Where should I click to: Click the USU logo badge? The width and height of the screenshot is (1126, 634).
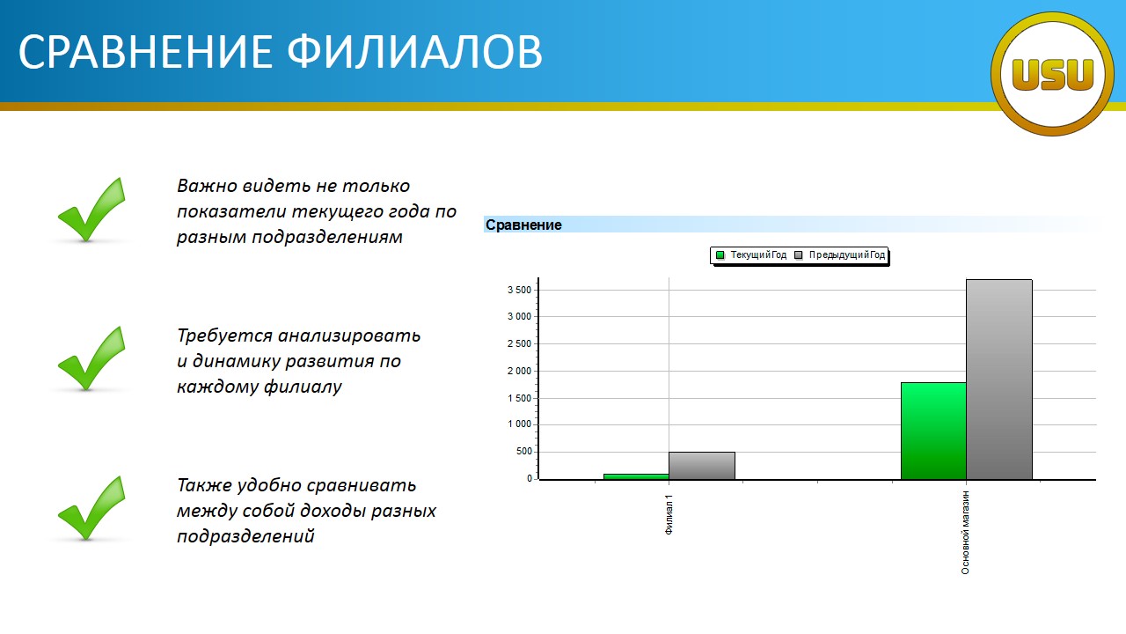coord(1052,74)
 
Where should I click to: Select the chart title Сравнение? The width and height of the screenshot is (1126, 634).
coord(523,225)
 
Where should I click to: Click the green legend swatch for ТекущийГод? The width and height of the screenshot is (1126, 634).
coord(720,255)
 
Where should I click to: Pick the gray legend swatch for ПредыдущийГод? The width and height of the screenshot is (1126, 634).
coord(798,255)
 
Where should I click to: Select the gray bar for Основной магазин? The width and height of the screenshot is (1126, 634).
coord(998,380)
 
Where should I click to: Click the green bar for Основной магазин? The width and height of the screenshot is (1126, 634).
coord(933,431)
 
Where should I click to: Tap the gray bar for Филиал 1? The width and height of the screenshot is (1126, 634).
coord(702,466)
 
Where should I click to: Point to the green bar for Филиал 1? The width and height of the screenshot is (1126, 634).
coord(636,476)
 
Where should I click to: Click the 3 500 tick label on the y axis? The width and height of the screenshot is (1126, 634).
coord(519,290)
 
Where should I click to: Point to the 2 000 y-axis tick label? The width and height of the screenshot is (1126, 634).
coord(519,372)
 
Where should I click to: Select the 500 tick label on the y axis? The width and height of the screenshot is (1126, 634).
coord(523,452)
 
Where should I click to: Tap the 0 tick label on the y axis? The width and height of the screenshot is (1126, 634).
coord(530,479)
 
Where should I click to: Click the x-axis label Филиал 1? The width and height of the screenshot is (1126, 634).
coord(669,515)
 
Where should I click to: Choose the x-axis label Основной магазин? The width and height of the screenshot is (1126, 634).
coord(965,533)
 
